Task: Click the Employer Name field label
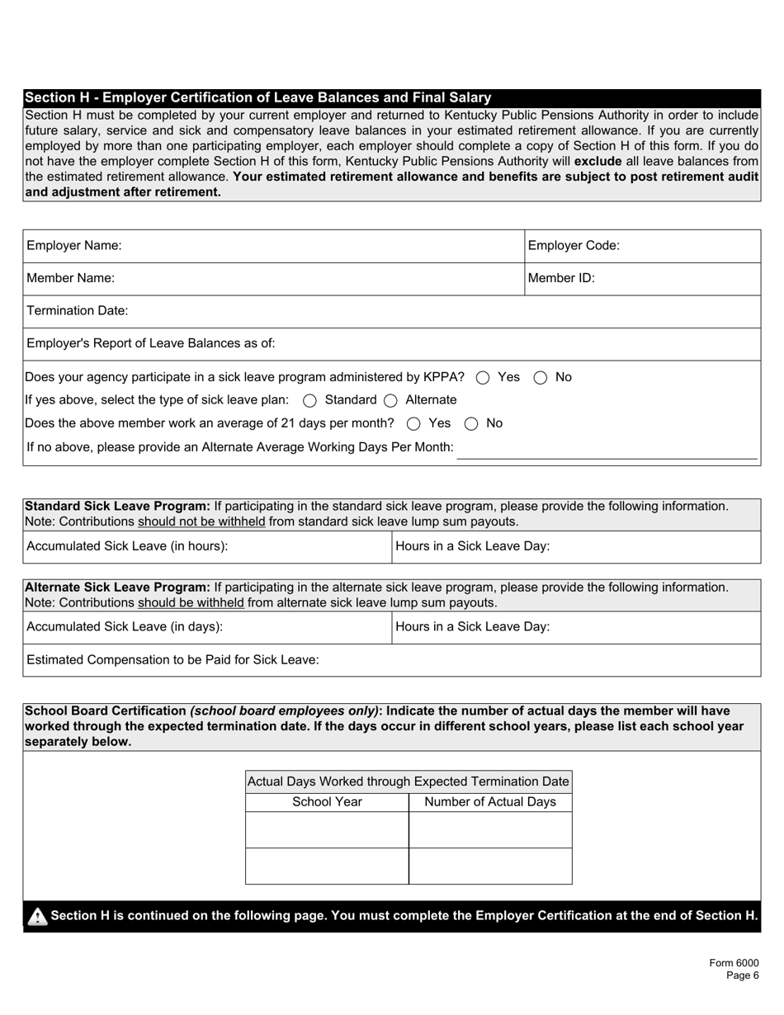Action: tap(74, 246)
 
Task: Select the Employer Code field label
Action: tap(574, 246)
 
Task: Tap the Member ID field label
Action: tap(561, 279)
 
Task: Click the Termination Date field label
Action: tap(78, 311)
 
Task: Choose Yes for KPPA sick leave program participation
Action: tap(484, 378)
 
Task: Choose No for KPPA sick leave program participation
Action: tap(541, 378)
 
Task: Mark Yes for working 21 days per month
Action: tap(413, 424)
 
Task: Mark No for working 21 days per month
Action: tap(471, 424)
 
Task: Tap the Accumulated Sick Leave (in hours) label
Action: tap(127, 546)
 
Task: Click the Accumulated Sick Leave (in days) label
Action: tap(125, 627)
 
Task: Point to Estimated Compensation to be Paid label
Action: tap(172, 660)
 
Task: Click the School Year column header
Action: tap(327, 802)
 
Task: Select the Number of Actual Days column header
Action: tap(490, 802)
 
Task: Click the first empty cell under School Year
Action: tap(327, 830)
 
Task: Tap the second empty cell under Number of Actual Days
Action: tap(490, 866)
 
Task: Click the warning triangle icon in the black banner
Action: tap(37, 917)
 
